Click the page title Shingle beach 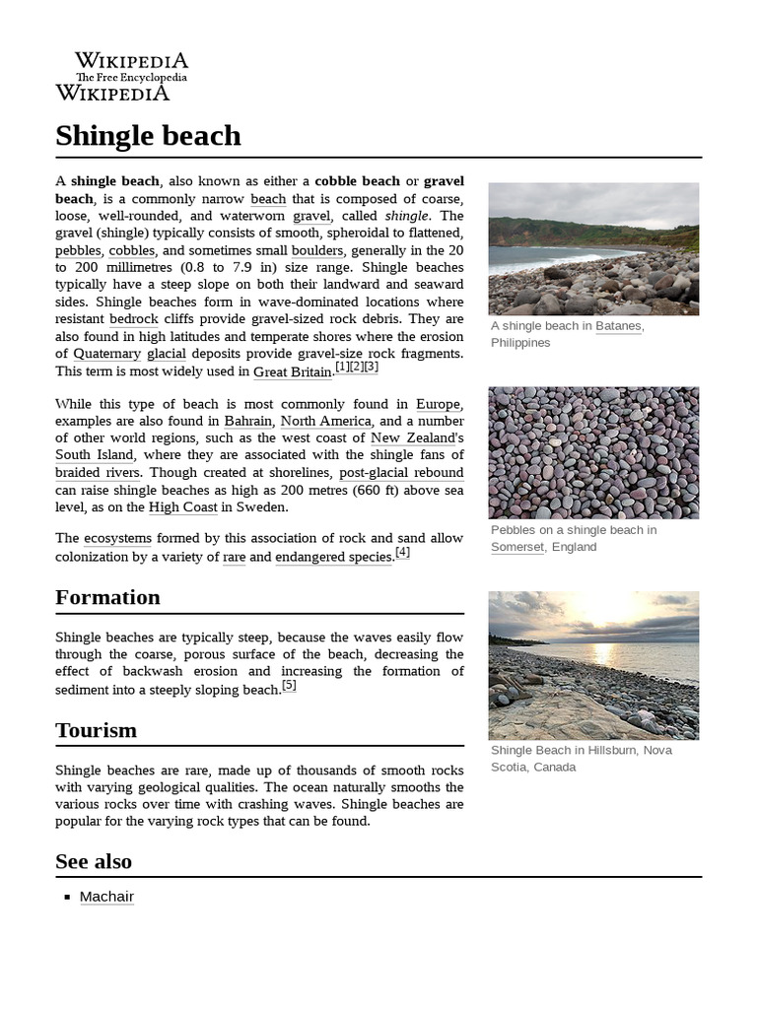(148, 135)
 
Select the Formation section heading (107, 597)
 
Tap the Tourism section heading (96, 730)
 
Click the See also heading (94, 861)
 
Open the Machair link (106, 897)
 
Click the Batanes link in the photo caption (618, 326)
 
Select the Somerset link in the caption (516, 547)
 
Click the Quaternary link (99, 354)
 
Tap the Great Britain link (293, 371)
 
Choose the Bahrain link (247, 421)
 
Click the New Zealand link (413, 437)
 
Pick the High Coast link (182, 507)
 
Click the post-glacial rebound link (401, 473)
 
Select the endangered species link (334, 557)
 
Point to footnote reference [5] (289, 686)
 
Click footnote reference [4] (402, 553)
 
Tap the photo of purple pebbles (593, 452)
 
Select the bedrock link (133, 319)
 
